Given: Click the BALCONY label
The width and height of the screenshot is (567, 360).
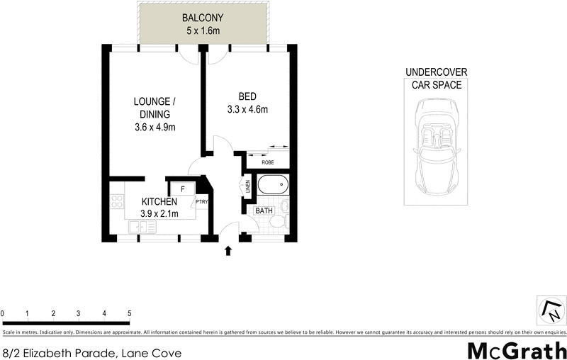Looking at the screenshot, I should pyautogui.click(x=203, y=18).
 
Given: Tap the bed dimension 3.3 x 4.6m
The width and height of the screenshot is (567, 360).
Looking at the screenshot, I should pyautogui.click(x=247, y=109).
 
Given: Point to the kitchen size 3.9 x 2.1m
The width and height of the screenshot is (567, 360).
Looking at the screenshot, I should pyautogui.click(x=159, y=213).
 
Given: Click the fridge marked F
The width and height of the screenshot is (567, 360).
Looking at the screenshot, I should pyautogui.click(x=183, y=189).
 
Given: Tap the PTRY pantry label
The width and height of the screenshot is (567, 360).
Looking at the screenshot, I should pyautogui.click(x=201, y=201).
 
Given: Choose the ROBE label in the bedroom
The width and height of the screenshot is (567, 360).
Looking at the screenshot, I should pyautogui.click(x=268, y=162).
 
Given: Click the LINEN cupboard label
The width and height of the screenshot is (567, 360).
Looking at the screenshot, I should pyautogui.click(x=248, y=187).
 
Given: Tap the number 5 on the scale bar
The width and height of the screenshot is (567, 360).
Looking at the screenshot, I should pyautogui.click(x=129, y=313).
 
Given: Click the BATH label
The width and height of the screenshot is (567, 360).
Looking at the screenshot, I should pyautogui.click(x=264, y=210).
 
